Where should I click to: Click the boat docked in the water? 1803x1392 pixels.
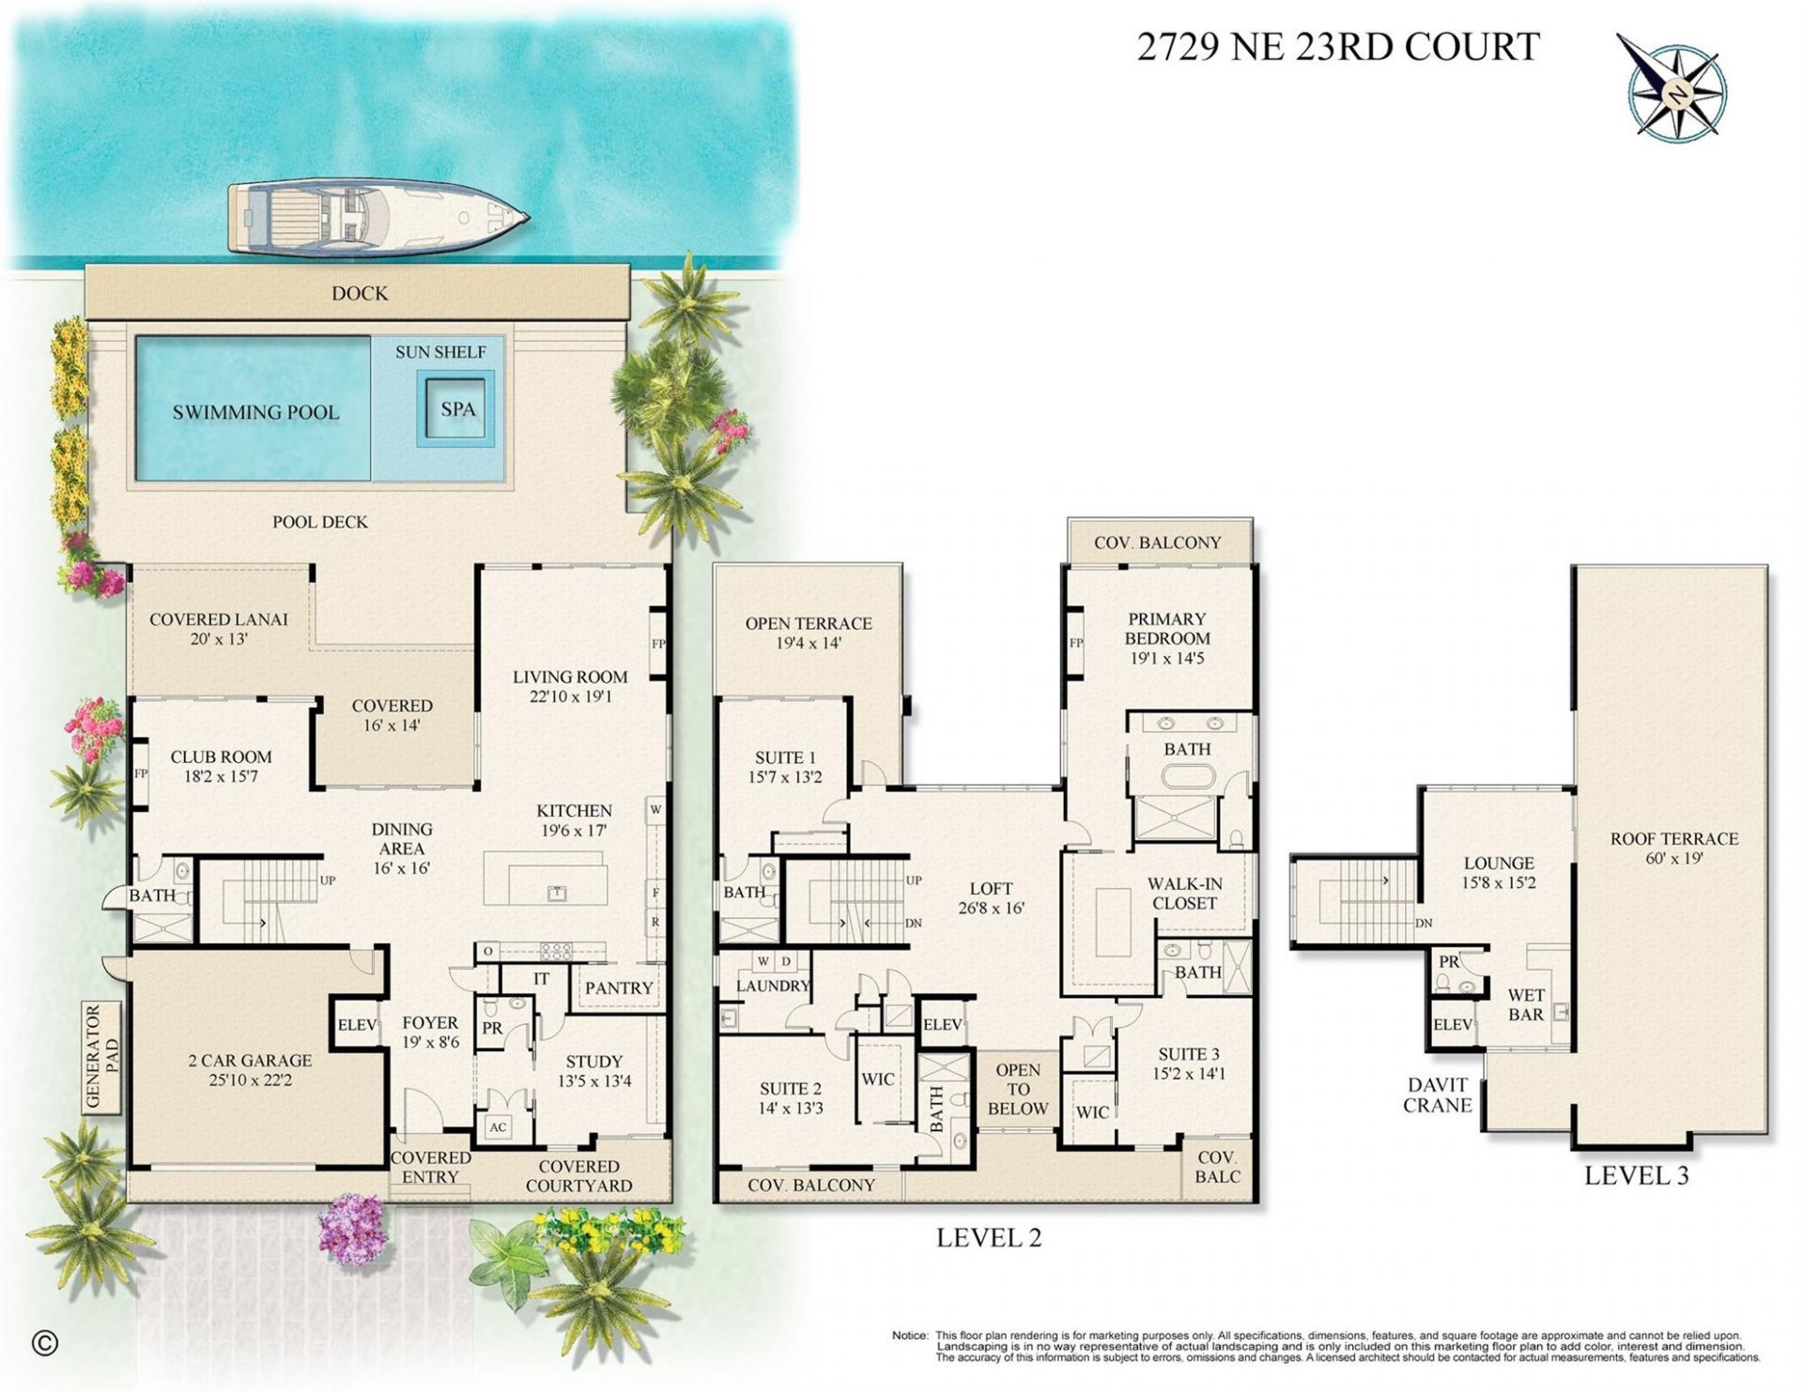(376, 218)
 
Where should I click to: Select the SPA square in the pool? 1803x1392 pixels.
(457, 409)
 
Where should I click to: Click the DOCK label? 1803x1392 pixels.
(359, 294)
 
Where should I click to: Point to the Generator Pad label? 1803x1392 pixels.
(102, 1057)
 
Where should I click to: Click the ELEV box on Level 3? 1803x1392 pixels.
(1452, 1025)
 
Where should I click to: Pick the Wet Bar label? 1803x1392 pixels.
(1525, 1005)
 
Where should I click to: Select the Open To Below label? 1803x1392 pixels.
(1017, 1089)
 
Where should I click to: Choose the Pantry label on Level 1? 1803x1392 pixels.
(618, 987)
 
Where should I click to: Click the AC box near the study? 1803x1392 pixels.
(498, 1127)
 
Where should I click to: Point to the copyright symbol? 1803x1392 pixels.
(44, 1343)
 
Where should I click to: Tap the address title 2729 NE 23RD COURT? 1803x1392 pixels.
(1338, 47)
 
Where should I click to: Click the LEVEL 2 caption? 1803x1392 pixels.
(988, 1238)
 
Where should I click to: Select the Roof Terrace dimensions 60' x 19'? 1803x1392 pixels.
(1674, 859)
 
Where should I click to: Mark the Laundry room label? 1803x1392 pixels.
(772, 986)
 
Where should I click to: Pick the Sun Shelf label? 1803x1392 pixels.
(439, 352)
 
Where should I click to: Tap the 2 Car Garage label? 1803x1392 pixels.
(250, 1061)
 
